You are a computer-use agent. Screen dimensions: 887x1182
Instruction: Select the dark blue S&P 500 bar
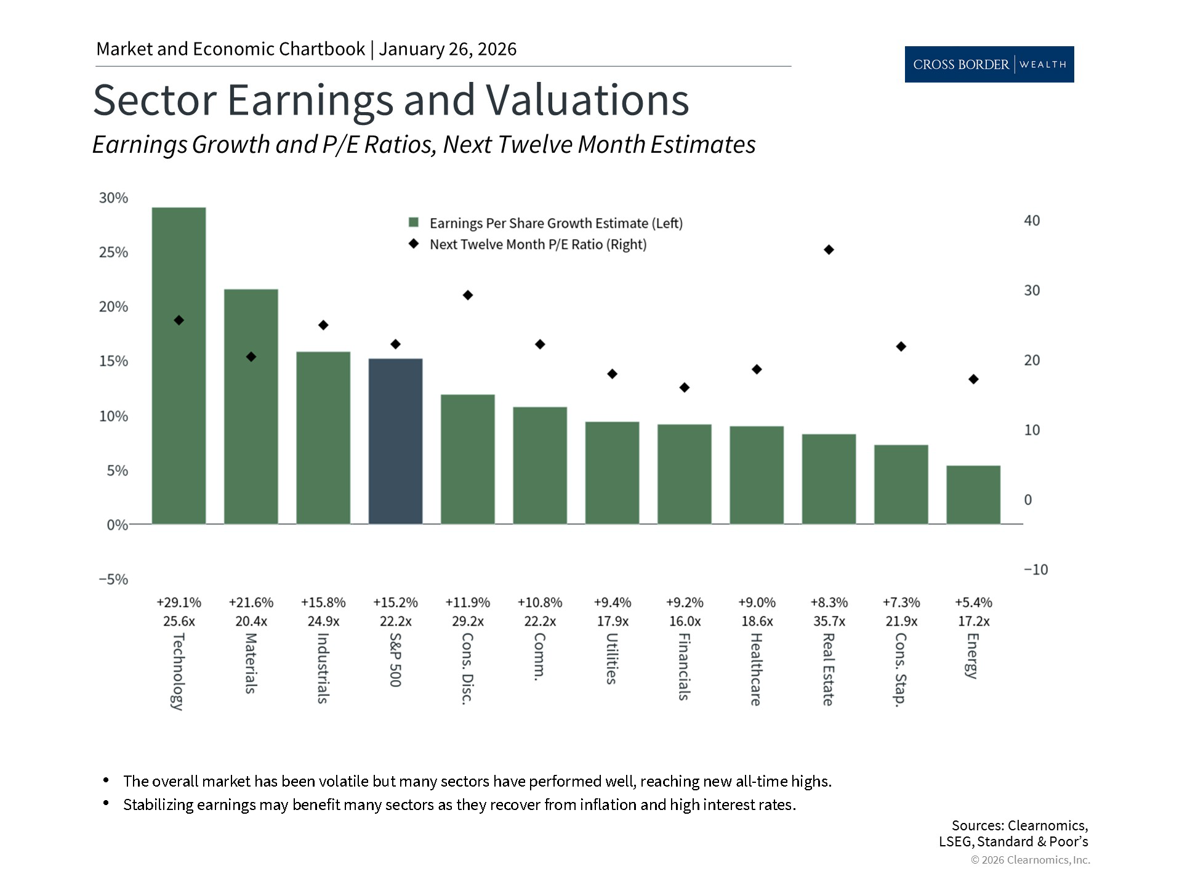[395, 441]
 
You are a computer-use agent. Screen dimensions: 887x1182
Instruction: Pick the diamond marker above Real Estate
[829, 249]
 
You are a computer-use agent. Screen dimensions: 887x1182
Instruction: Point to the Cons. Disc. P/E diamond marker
[467, 295]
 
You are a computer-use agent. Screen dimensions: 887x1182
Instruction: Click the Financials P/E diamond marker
[684, 387]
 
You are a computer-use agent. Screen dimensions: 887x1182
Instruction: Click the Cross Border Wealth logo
[989, 64]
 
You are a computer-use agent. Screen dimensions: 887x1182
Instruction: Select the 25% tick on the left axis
[113, 252]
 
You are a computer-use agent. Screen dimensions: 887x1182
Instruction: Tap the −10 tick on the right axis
[1035, 570]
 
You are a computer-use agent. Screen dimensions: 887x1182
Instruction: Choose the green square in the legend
[414, 223]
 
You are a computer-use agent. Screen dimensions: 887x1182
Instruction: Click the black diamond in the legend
[414, 244]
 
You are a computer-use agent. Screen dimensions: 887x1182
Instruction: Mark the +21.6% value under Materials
[251, 602]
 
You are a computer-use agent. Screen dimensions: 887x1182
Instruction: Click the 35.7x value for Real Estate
[829, 621]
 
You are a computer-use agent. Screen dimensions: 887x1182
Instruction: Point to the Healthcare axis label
[756, 669]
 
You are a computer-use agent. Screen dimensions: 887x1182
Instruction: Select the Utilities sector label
[611, 658]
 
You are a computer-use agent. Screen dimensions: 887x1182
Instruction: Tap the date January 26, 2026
[448, 49]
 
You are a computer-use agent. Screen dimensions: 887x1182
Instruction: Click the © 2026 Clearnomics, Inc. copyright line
[1030, 860]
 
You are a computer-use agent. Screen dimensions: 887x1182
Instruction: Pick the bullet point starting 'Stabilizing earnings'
[459, 804]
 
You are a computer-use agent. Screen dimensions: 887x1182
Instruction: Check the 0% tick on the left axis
[117, 525]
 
